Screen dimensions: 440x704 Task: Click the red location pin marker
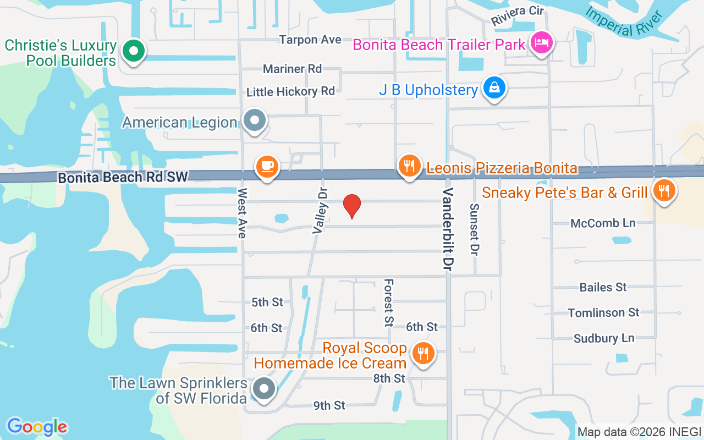[352, 206]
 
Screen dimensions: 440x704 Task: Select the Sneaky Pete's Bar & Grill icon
[664, 190]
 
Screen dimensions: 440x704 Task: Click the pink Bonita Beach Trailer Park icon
[542, 42]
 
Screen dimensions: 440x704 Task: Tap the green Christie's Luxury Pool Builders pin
[133, 51]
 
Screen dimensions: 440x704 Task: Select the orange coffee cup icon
[267, 166]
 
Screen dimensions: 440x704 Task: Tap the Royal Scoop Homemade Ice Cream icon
[422, 354]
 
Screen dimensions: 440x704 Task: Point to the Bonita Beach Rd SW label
[123, 177]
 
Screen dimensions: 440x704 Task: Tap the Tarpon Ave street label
[310, 40]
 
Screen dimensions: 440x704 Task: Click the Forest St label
[389, 301]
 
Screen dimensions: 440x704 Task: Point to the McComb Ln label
[603, 223]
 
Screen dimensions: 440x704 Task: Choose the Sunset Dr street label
[474, 229]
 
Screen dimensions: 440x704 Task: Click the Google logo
[37, 427]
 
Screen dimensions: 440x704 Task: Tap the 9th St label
[329, 405]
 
